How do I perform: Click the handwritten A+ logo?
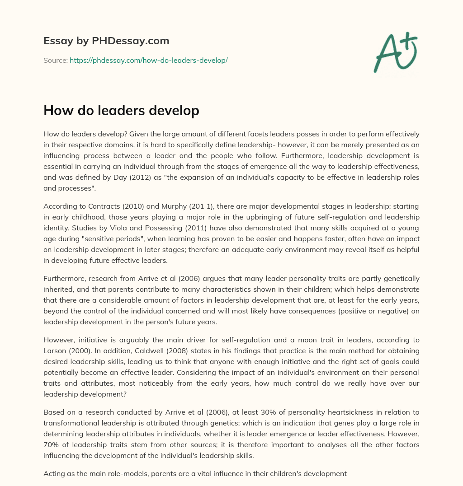(395, 53)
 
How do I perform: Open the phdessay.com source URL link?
(148, 60)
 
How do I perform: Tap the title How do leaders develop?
(121, 111)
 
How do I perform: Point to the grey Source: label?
(55, 60)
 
